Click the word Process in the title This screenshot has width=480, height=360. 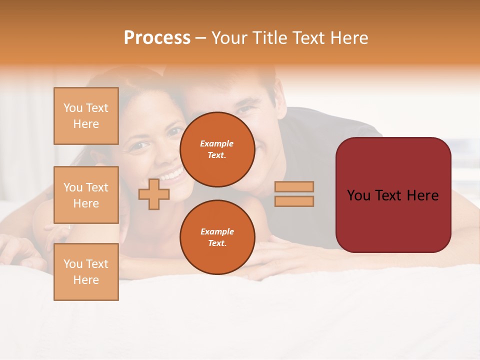point(157,38)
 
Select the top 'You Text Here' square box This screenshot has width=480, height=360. point(86,116)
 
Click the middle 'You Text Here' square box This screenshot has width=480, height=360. point(86,195)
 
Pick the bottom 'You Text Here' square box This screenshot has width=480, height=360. point(86,272)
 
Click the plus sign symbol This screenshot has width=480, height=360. point(154,194)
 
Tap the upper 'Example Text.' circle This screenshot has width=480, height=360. point(217,149)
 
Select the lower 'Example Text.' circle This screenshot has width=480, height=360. point(217,237)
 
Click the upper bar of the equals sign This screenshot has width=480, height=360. point(294,186)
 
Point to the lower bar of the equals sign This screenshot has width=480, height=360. point(294,201)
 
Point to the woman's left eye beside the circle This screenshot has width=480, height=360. point(174,132)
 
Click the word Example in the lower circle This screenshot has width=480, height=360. point(217,231)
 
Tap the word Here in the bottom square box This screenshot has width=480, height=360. point(86,280)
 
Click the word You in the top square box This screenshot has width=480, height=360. point(73,108)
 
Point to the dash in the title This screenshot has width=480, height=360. point(201,38)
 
